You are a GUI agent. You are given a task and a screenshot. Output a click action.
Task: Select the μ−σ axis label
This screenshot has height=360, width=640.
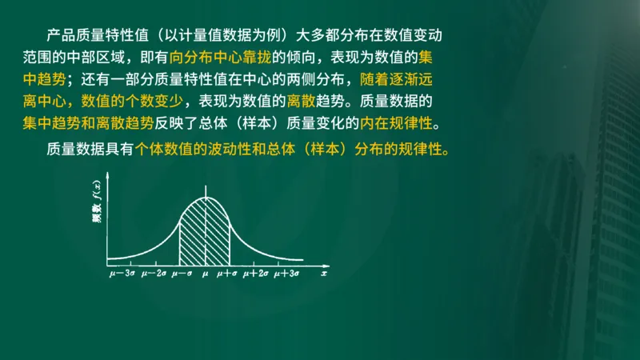click(183, 274)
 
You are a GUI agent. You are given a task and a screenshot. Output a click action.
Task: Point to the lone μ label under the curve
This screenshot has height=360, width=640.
click(206, 274)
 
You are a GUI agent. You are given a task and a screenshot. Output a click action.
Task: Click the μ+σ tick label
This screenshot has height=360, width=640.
click(228, 274)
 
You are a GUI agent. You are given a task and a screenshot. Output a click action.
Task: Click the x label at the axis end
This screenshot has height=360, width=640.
click(324, 274)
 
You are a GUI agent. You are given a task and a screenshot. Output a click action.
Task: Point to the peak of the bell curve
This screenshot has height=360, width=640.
click(206, 197)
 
